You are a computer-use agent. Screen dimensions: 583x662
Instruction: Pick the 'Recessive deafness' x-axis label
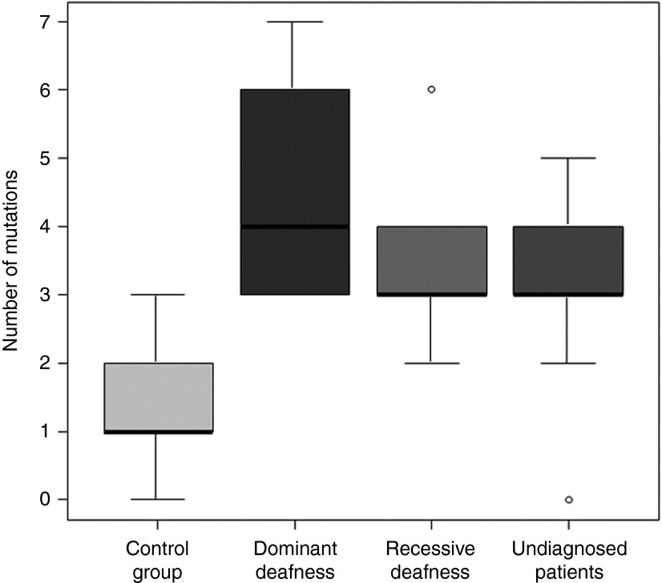click(430, 560)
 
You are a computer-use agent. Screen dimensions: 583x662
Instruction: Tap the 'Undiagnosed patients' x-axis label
click(568, 560)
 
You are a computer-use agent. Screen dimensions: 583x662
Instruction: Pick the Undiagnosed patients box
click(568, 260)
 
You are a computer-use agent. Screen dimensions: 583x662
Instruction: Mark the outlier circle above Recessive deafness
click(431, 90)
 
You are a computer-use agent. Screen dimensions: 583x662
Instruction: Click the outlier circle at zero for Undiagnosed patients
click(568, 500)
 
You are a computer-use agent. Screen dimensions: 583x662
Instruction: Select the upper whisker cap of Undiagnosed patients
click(568, 159)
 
